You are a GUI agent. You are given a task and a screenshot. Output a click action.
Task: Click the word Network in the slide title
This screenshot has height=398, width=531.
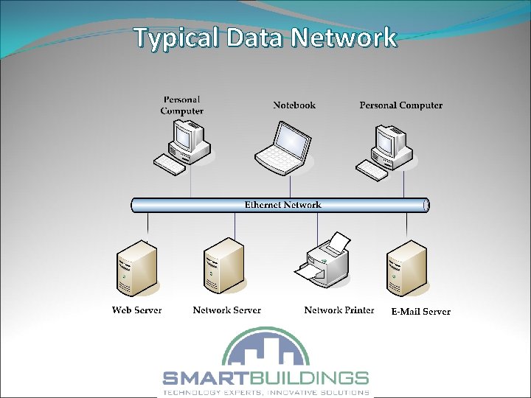(x=344, y=38)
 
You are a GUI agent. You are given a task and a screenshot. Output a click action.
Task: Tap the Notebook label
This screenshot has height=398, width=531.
(x=294, y=105)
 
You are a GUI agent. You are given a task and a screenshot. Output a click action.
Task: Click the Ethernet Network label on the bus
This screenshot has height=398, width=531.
(x=283, y=204)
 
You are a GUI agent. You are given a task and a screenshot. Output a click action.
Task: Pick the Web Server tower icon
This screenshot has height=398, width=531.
(x=136, y=270)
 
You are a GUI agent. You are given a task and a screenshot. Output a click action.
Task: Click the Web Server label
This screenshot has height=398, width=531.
(x=136, y=310)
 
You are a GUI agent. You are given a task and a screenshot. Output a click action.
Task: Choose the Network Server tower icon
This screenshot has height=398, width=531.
(x=223, y=267)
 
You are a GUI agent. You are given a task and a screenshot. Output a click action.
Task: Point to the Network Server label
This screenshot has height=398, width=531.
(x=226, y=310)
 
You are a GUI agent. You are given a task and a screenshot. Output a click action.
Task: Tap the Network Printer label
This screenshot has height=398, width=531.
(x=339, y=310)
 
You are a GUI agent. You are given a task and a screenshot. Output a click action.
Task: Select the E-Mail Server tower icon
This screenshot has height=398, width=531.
(x=406, y=268)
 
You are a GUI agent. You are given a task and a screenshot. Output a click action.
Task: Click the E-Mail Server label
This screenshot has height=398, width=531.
(x=420, y=311)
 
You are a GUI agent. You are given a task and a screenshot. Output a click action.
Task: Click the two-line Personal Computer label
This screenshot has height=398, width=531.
(x=181, y=105)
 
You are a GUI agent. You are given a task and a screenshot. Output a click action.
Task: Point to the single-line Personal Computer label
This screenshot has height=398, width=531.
(x=401, y=105)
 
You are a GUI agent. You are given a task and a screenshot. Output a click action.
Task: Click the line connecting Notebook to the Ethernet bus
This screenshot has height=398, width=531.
(x=290, y=187)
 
